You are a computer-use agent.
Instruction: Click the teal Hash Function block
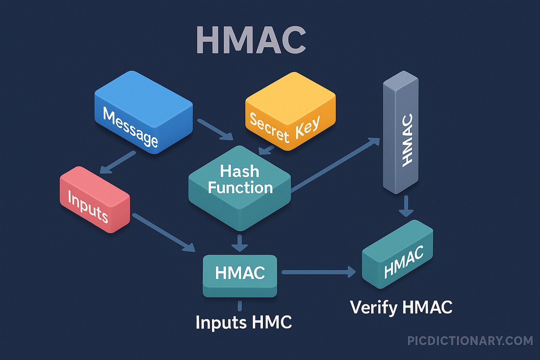coord(240,187)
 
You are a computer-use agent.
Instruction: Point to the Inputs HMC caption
coord(243,322)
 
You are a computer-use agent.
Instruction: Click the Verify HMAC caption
coord(401,307)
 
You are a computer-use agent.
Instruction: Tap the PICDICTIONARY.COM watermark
coord(470,341)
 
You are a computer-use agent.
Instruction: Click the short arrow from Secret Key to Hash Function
coord(267,150)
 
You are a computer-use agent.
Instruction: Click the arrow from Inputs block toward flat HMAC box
coord(164,233)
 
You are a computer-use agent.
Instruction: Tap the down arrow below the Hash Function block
coord(240,243)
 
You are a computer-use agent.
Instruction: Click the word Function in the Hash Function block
coord(240,188)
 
